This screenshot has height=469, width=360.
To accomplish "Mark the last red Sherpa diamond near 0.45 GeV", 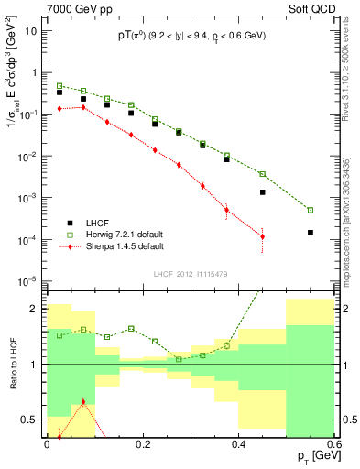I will point(263,236).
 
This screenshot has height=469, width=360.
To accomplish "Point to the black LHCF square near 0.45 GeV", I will point(263,192).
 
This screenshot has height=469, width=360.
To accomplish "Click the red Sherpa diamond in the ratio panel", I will point(83,401).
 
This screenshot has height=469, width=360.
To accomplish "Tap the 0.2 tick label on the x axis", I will point(142,444).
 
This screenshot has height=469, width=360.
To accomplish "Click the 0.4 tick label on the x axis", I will point(238,444).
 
